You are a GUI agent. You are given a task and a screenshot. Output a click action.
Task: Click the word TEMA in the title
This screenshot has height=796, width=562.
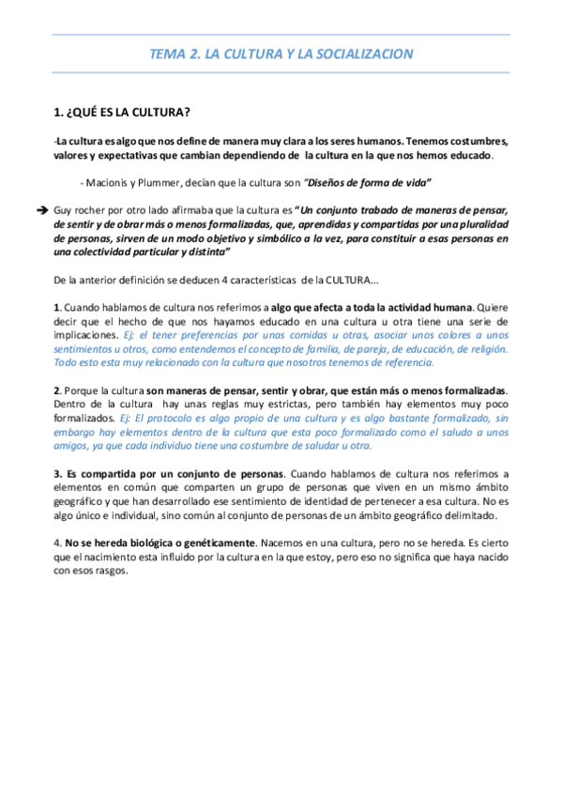click(168, 54)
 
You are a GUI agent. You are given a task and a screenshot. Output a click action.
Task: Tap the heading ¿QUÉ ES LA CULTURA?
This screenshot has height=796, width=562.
click(123, 114)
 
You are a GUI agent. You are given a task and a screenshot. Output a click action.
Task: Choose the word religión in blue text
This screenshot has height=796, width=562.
click(484, 348)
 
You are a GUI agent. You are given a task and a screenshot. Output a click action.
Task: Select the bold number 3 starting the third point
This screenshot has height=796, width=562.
click(58, 474)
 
